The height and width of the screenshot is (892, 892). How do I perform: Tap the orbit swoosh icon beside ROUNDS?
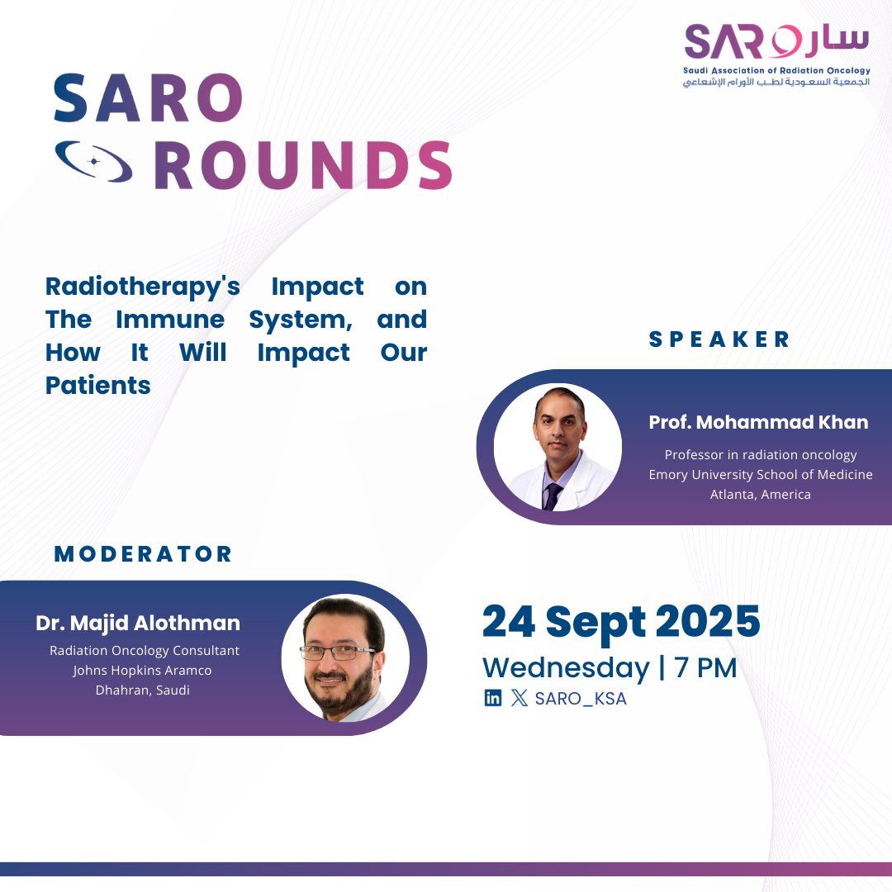[x=93, y=162]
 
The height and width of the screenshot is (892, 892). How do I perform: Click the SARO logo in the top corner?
[x=776, y=55]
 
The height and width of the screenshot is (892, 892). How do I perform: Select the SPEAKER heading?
[x=719, y=339]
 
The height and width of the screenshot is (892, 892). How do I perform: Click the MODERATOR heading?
[x=144, y=554]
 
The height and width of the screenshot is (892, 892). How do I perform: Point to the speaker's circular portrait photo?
[x=557, y=447]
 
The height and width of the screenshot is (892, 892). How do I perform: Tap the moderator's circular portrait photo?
[x=344, y=658]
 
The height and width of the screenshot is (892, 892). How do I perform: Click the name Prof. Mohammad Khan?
[x=758, y=423]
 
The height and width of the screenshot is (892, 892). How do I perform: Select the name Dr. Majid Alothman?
[x=138, y=624]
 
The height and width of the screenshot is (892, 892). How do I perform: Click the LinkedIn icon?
[x=492, y=699]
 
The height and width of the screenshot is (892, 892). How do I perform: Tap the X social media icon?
[x=519, y=699]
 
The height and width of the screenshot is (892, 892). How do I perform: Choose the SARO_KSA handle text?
[x=580, y=699]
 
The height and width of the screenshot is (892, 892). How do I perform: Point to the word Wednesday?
[x=566, y=667]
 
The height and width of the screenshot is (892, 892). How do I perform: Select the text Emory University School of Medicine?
[x=761, y=475]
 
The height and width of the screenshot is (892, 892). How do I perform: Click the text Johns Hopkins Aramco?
[x=142, y=670]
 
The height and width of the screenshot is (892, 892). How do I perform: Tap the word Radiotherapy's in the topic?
[x=143, y=287]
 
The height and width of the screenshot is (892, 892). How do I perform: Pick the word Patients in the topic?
[x=98, y=386]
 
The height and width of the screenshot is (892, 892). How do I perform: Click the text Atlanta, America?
[x=761, y=495]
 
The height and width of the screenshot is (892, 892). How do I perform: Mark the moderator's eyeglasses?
[x=337, y=652]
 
